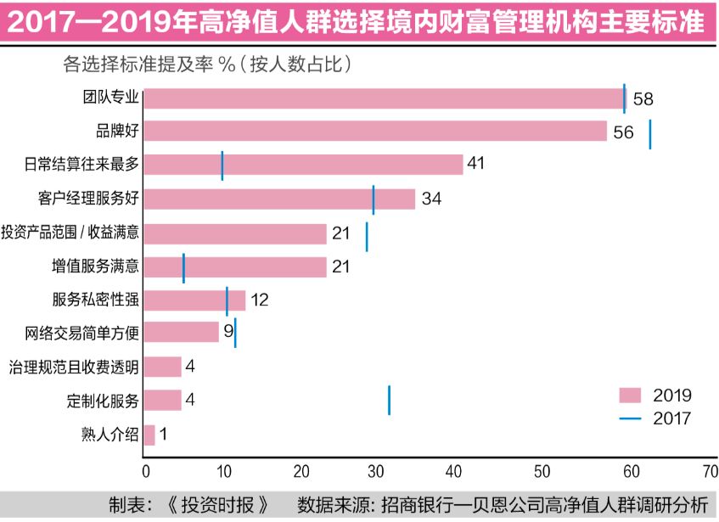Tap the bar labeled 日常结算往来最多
(x=303, y=165)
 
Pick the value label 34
(x=431, y=199)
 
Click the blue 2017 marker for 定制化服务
(x=389, y=399)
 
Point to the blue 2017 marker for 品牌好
(x=649, y=134)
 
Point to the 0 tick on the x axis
(x=146, y=471)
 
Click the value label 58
(x=643, y=99)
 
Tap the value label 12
(x=260, y=300)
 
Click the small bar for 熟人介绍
(x=149, y=435)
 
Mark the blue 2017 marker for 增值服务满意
(x=183, y=267)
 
